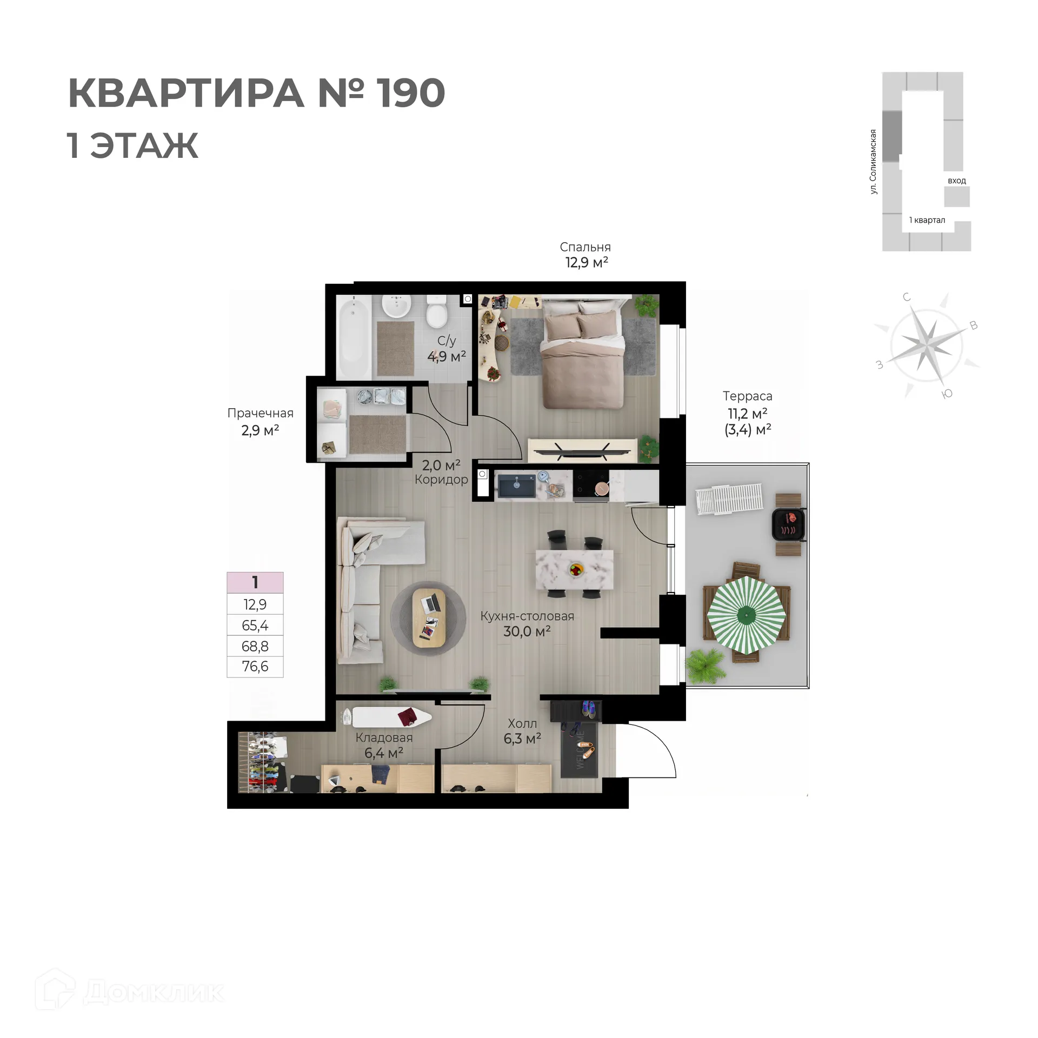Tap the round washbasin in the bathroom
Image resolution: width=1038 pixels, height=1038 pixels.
[x=396, y=307]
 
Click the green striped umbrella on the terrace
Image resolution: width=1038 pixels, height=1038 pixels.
[x=746, y=615]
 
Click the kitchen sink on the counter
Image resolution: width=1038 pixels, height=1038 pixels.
[x=516, y=485]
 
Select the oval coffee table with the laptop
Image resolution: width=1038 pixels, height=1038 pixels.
[x=429, y=618]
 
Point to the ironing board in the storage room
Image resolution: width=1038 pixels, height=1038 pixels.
[x=387, y=717]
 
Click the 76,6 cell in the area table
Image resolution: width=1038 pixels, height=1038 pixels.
[x=255, y=666]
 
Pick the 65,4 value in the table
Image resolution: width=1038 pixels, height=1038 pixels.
[x=255, y=626]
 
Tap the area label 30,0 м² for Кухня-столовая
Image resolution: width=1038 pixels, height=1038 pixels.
[x=527, y=631]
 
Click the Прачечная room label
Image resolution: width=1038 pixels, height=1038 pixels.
[x=260, y=413]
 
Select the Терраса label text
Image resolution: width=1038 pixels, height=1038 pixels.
[x=747, y=396]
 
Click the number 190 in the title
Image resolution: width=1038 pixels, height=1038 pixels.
[x=410, y=93]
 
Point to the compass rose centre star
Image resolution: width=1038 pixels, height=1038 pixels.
[x=926, y=345]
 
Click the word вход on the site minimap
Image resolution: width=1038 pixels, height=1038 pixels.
[x=956, y=181]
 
